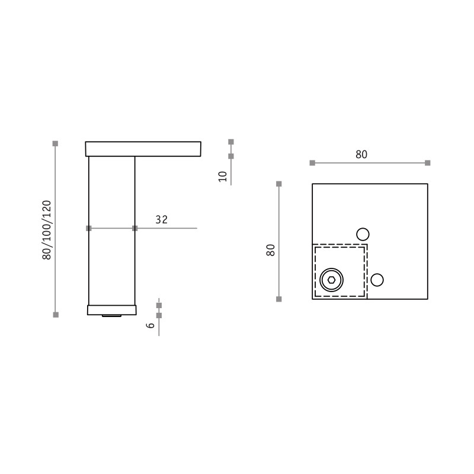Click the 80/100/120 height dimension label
[47, 230]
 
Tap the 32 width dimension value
[162, 220]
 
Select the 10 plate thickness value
[223, 176]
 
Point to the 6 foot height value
[151, 325]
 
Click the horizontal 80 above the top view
[361, 155]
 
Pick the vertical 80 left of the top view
[271, 249]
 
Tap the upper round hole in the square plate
[363, 234]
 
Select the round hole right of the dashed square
[377, 280]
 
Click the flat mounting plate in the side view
[143, 149]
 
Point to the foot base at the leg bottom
[112, 310]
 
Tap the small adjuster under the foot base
[112, 316]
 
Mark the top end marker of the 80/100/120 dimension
[55, 143]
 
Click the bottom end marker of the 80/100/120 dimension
[56, 315]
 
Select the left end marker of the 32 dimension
[89, 228]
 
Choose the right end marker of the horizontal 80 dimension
[427, 162]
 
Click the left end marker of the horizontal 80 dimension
[312, 162]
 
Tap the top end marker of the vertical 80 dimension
[279, 184]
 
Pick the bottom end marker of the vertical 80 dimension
[279, 299]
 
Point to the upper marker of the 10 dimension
[231, 142]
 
